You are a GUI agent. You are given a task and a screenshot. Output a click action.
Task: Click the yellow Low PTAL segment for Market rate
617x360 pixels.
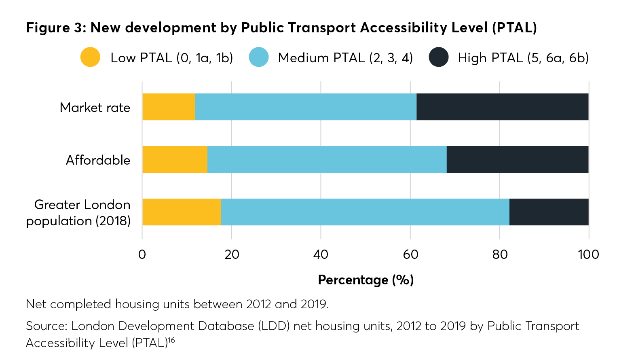click(169, 107)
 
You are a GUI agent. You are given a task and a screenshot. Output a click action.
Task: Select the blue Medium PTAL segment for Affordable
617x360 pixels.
click(327, 159)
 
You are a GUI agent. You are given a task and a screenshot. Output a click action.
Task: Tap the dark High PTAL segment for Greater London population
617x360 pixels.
click(549, 212)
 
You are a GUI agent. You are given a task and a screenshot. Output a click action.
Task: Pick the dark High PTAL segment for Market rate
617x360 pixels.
click(502, 107)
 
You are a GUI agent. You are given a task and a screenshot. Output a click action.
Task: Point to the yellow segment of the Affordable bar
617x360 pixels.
click(175, 159)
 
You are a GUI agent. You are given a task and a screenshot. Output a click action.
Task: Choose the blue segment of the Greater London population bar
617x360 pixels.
click(365, 212)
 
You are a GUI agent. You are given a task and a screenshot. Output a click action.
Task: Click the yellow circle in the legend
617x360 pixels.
click(90, 57)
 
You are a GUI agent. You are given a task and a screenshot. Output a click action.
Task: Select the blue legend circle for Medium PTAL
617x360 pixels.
click(259, 57)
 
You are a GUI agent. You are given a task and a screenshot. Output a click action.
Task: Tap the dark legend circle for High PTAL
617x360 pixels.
click(439, 57)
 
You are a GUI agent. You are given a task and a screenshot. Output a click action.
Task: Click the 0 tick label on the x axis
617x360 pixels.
click(142, 254)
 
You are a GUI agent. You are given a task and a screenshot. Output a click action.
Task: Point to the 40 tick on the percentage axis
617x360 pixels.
click(321, 254)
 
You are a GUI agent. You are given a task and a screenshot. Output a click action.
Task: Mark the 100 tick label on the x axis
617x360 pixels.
click(588, 254)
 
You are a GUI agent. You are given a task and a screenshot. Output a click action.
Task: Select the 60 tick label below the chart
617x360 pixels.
click(410, 254)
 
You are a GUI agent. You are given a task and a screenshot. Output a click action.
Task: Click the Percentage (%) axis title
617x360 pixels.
click(366, 280)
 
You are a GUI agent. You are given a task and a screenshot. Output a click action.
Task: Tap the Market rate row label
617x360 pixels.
click(95, 108)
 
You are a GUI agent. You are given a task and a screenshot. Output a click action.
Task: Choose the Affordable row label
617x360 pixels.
click(98, 160)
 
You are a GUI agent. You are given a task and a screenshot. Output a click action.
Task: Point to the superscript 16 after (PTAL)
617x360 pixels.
click(171, 340)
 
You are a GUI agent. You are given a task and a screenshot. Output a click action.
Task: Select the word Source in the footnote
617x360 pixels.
click(45, 326)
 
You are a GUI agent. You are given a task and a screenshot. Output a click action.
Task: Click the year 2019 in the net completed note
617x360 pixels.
click(314, 304)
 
